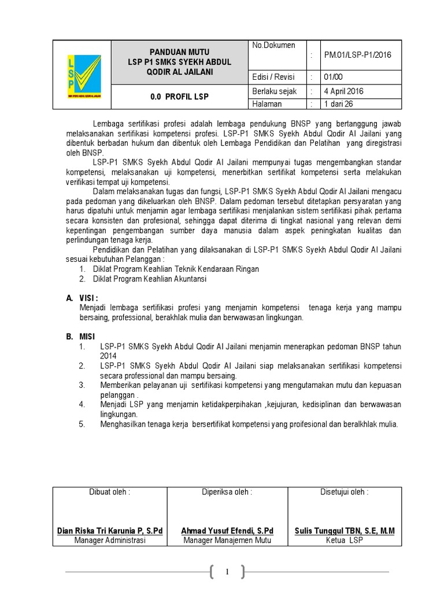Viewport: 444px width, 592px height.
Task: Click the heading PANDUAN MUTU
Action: (180, 51)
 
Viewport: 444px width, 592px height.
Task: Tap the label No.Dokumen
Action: (273, 45)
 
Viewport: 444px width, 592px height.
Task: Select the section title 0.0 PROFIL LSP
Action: (179, 97)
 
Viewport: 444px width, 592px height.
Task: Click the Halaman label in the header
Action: (267, 104)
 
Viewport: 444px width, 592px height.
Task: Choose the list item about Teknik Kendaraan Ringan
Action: (176, 269)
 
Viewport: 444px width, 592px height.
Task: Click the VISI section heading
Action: (92, 298)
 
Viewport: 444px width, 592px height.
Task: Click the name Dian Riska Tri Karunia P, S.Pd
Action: (110, 531)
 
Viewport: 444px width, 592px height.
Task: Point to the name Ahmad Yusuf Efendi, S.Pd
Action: (227, 531)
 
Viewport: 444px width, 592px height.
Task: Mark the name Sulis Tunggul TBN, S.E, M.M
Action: (344, 531)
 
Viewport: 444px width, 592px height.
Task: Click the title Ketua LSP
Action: (344, 541)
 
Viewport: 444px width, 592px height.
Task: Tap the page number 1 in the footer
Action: (228, 572)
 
